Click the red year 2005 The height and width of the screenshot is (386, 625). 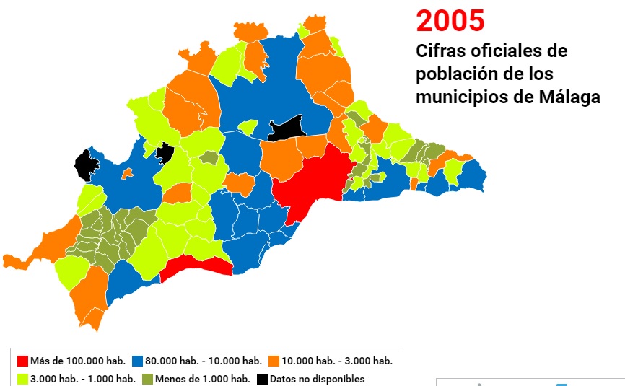click(x=450, y=21)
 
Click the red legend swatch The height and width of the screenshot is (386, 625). click(x=22, y=361)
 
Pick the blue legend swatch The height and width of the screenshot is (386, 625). click(x=137, y=361)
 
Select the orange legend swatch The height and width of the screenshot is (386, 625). click(x=274, y=361)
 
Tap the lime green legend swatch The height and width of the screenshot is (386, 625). click(x=22, y=379)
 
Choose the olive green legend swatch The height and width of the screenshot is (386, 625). click(x=147, y=379)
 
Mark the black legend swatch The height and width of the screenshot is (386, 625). click(x=263, y=379)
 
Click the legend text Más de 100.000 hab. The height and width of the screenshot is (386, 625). click(x=78, y=361)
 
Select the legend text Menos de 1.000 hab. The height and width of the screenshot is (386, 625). click(x=202, y=379)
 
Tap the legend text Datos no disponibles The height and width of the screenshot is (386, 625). click(x=318, y=379)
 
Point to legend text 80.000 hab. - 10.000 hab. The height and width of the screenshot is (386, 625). click(x=204, y=361)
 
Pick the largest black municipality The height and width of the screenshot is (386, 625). click(x=287, y=128)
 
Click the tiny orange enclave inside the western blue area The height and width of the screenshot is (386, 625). click(x=127, y=173)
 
